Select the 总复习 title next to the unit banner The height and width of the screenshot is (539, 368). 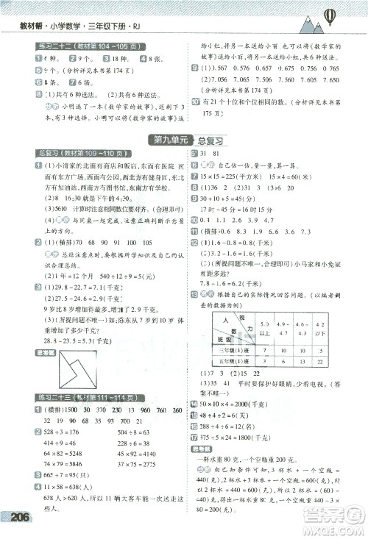210,140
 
